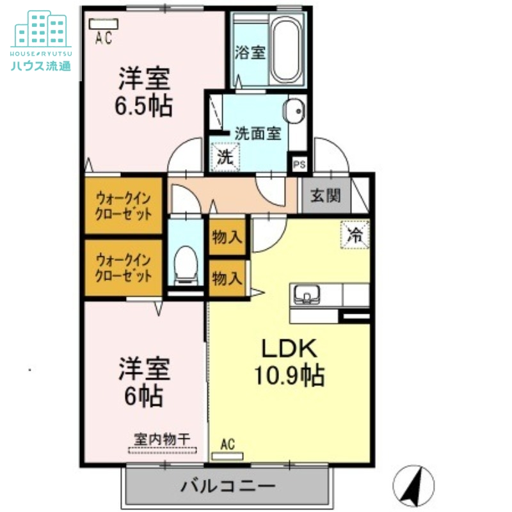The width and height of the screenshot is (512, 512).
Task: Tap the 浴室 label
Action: pyautogui.click(x=250, y=52)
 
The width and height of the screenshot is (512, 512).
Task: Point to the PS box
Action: pyautogui.click(x=299, y=164)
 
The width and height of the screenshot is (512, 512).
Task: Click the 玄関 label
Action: pyautogui.click(x=325, y=196)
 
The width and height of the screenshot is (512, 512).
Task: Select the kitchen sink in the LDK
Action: pyautogui.click(x=308, y=295)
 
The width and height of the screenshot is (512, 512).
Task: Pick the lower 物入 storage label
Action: pyautogui.click(x=227, y=278)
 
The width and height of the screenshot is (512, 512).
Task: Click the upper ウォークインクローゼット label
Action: pyautogui.click(x=124, y=205)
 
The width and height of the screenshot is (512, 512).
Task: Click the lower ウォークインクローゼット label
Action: pyautogui.click(x=124, y=268)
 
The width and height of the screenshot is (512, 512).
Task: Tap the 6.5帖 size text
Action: pyautogui.click(x=143, y=106)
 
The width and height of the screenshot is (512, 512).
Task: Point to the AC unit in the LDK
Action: pyautogui.click(x=228, y=456)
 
